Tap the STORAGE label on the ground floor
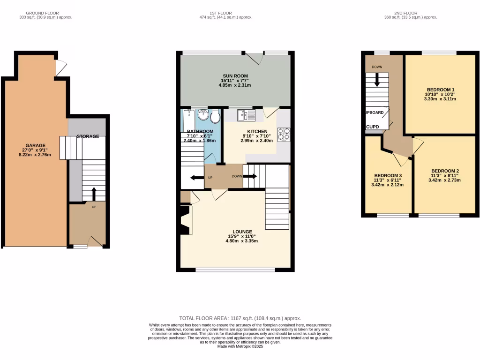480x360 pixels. [x=88, y=136]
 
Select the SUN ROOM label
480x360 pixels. [x=235, y=76]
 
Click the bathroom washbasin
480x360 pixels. [x=203, y=115]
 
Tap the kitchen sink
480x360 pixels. [x=245, y=114]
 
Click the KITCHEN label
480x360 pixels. [x=257, y=132]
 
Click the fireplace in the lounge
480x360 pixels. [x=186, y=220]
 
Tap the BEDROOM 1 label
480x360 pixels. [x=440, y=89]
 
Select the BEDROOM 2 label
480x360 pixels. [x=444, y=171]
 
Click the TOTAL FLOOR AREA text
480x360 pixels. [x=240, y=318]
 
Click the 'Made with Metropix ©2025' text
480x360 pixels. [x=240, y=346]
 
